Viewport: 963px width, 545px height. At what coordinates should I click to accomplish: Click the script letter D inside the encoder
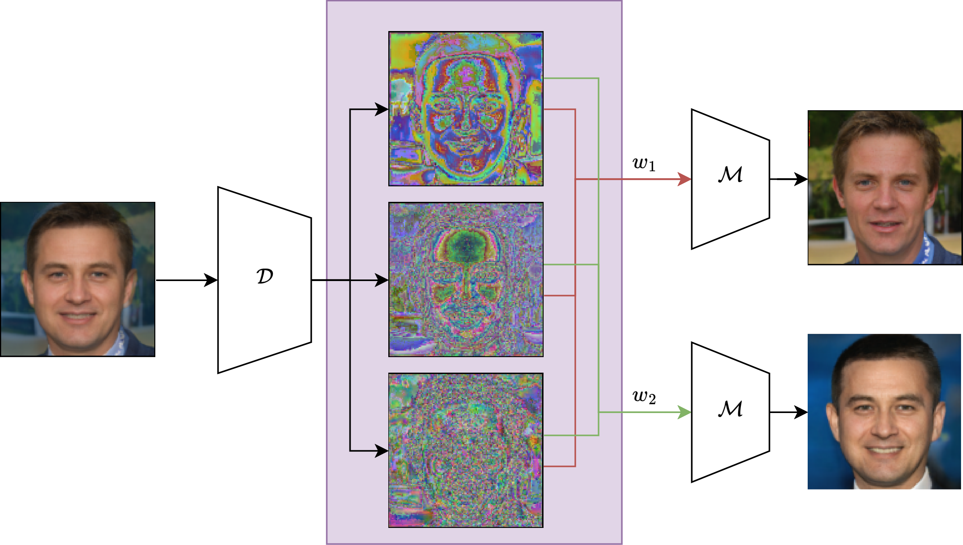tap(265, 276)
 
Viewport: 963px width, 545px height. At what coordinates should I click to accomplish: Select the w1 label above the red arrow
tap(644, 164)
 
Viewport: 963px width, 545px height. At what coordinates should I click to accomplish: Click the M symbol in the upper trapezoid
tap(730, 174)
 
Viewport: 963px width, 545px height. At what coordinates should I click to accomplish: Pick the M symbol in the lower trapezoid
tap(730, 409)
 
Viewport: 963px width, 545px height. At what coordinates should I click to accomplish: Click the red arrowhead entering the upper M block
tap(685, 179)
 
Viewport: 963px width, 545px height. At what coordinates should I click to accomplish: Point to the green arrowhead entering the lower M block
tap(685, 412)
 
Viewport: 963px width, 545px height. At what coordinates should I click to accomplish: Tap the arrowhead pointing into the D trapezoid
tap(211, 280)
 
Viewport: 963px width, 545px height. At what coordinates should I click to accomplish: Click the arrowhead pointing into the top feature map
tap(382, 109)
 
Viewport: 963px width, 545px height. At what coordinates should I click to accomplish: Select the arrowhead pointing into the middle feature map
tap(382, 280)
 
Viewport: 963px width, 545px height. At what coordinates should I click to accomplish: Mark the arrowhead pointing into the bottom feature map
tap(382, 451)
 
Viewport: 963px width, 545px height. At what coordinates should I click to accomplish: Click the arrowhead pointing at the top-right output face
tap(801, 179)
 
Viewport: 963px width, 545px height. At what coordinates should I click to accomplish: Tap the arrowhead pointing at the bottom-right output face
tap(801, 412)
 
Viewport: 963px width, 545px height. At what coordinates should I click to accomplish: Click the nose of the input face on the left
tap(78, 293)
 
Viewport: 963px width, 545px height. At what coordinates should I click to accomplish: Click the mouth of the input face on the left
tap(78, 316)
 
